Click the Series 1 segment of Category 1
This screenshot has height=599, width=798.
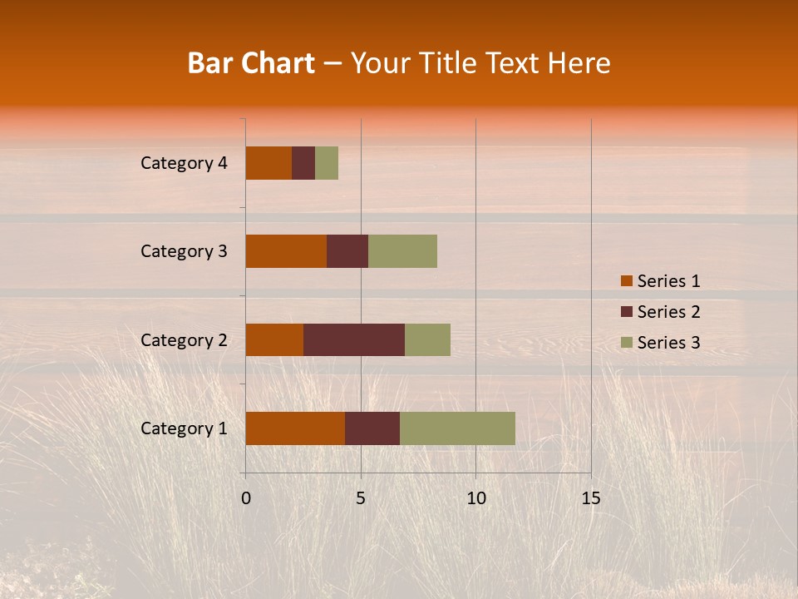pos(295,428)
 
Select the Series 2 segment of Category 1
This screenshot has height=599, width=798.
pos(372,428)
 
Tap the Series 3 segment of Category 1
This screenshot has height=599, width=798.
pos(457,428)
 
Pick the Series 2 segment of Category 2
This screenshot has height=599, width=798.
pos(354,339)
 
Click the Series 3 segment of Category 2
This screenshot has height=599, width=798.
pos(427,339)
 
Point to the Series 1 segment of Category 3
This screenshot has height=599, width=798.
pos(286,251)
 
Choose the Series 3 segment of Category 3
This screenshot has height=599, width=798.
pos(402,251)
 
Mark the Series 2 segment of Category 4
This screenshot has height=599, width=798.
pos(303,163)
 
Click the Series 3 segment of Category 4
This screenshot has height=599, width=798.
pos(327,163)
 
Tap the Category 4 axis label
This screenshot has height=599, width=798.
pos(184,163)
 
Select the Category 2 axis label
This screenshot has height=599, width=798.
pos(184,339)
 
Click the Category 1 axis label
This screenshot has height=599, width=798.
pos(184,428)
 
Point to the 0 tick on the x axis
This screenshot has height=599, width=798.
pos(246,498)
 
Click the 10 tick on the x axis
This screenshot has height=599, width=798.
pos(475,498)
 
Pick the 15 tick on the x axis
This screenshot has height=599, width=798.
pos(591,498)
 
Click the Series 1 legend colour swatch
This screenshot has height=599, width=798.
pos(627,281)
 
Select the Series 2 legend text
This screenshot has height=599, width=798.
pos(668,312)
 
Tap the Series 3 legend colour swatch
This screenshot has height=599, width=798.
pos(627,343)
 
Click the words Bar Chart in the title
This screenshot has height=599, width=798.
pos(251,63)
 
